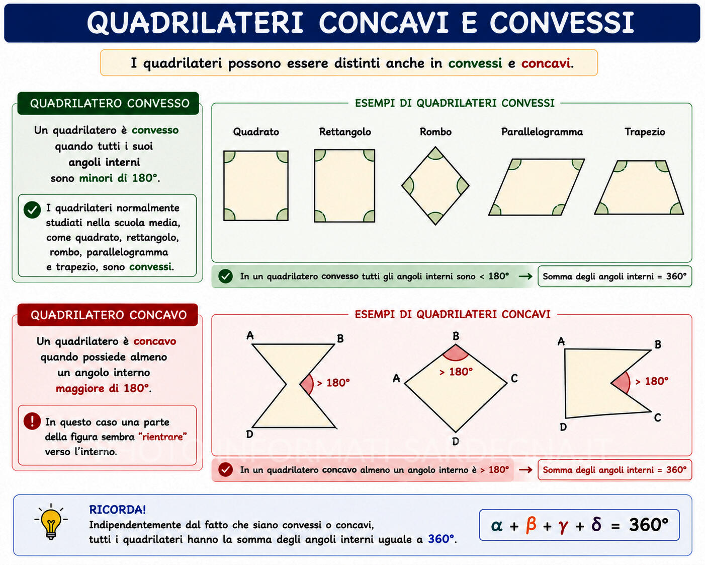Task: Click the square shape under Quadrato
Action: (x=256, y=185)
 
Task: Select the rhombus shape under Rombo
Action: (x=435, y=186)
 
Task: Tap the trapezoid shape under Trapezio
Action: (x=639, y=187)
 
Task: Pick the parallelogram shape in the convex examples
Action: (x=537, y=187)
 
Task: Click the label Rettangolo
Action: (x=345, y=132)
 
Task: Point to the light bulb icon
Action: (x=51, y=522)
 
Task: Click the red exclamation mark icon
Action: (x=32, y=421)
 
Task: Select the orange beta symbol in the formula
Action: (x=531, y=524)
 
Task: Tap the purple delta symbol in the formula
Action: (x=596, y=524)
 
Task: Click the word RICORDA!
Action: (x=117, y=510)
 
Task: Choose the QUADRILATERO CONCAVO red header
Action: (x=108, y=315)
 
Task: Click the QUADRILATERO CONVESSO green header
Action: (x=108, y=103)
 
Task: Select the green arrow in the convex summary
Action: (x=525, y=276)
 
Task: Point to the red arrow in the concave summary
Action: (x=525, y=470)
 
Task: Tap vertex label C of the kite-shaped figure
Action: (x=514, y=378)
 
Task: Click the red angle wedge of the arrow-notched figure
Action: (x=621, y=383)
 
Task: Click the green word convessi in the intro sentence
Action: (x=475, y=63)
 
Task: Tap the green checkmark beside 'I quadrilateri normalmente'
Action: (x=32, y=210)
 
